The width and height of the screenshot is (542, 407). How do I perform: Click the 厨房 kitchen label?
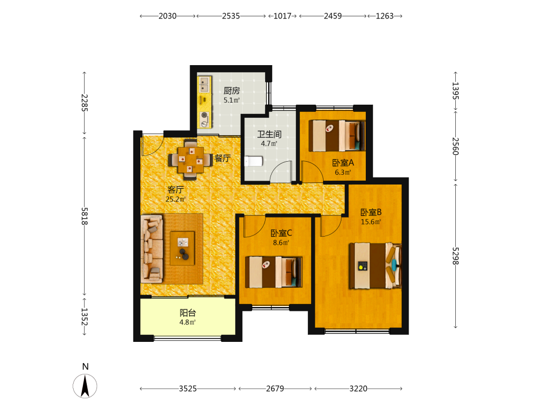pyautogui.click(x=231, y=91)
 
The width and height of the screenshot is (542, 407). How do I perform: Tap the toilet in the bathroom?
pyautogui.click(x=254, y=161)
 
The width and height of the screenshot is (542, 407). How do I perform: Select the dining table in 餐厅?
pyautogui.click(x=190, y=160)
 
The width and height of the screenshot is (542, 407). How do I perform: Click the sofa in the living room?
pyautogui.click(x=152, y=249)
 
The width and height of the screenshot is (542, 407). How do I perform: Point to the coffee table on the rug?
pyautogui.click(x=182, y=249)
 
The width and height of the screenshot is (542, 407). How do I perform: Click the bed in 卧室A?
pyautogui.click(x=337, y=136)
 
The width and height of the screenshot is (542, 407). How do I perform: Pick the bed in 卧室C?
pyautogui.click(x=274, y=272)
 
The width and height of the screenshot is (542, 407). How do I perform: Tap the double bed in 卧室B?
pyautogui.click(x=376, y=266)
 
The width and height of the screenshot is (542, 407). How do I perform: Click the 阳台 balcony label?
pyautogui.click(x=188, y=313)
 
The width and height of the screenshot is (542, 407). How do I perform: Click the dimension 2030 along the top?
pyautogui.click(x=167, y=16)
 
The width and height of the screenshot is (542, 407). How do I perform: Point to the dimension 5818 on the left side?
pyautogui.click(x=85, y=217)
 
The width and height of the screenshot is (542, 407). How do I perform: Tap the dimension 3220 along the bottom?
pyautogui.click(x=358, y=389)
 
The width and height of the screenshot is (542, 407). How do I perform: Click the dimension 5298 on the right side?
pyautogui.click(x=456, y=256)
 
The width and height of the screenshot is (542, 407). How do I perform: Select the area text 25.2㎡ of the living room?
pyautogui.click(x=176, y=199)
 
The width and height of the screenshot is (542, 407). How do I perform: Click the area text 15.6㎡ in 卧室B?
pyautogui.click(x=371, y=222)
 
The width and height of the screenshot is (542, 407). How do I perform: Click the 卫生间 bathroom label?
pyautogui.click(x=269, y=134)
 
